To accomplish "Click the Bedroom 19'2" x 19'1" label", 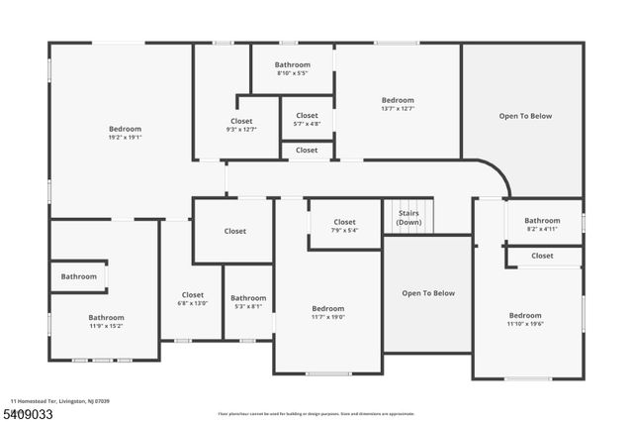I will tap(125, 133).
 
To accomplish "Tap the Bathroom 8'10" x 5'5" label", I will tap(293, 68).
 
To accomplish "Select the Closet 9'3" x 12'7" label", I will tap(241, 125).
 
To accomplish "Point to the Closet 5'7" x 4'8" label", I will tap(307, 120).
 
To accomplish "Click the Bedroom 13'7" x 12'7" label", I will tap(398, 104).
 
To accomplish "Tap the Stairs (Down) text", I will tap(408, 218).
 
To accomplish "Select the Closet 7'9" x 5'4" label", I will tap(344, 226).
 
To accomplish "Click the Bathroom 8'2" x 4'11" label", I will tap(542, 225).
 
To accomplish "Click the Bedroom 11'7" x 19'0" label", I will tap(327, 312).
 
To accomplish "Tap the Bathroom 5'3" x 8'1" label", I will tap(248, 302).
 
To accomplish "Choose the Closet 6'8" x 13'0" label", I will tap(192, 299).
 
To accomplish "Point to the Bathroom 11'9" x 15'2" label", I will tap(107, 321).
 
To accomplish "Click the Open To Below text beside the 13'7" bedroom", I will tap(524, 116).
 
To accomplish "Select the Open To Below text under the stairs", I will tap(427, 293).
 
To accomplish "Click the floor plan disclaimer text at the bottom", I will tap(316, 413).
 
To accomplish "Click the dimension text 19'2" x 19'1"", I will tap(125, 138).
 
